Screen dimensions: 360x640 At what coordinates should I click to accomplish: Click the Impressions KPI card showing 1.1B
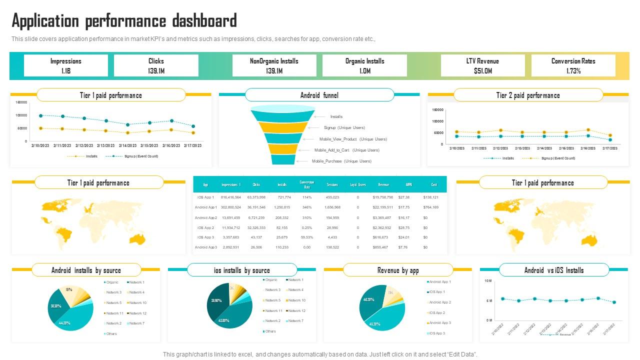(x=65, y=65)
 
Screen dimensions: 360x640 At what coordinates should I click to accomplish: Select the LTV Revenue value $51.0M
(x=482, y=71)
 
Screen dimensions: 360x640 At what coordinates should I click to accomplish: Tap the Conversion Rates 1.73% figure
(x=573, y=71)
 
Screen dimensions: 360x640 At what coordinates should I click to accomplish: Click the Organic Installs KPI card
(x=364, y=65)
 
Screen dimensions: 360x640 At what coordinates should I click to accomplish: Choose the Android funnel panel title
(x=319, y=95)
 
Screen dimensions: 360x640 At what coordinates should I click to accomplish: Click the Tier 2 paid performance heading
(x=528, y=95)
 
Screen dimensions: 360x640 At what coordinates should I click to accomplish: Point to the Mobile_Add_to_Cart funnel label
(x=346, y=150)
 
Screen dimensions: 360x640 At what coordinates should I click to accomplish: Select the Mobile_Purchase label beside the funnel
(x=341, y=161)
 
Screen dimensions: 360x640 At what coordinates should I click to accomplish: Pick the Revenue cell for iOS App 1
(x=383, y=197)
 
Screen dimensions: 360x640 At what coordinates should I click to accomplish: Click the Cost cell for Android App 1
(x=430, y=207)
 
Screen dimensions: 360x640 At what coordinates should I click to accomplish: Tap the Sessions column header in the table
(x=332, y=184)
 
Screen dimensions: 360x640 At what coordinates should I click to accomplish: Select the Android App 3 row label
(x=205, y=247)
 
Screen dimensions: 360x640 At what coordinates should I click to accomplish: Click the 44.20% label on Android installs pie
(x=64, y=323)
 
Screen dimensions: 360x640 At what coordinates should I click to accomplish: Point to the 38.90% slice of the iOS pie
(x=216, y=301)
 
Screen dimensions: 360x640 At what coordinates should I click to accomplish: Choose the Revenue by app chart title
(x=398, y=270)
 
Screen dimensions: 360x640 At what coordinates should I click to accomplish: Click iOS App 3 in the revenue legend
(x=439, y=333)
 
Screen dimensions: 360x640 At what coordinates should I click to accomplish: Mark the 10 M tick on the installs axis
(x=488, y=281)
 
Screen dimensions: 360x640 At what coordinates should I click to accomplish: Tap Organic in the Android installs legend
(x=112, y=282)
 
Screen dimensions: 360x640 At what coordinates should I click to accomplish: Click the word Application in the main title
(x=45, y=21)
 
